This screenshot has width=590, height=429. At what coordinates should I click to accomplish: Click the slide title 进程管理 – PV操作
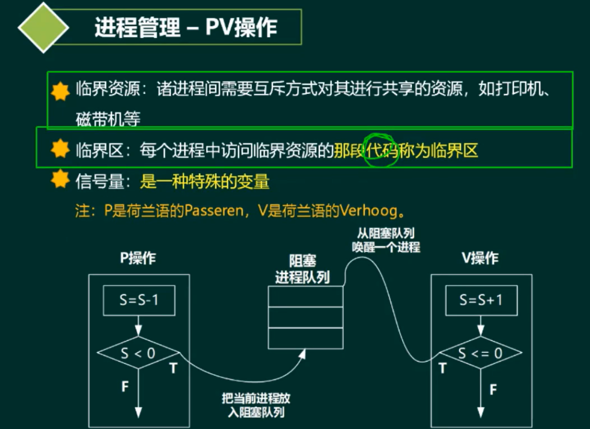point(186,28)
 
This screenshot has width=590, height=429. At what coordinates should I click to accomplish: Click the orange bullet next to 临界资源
point(60,91)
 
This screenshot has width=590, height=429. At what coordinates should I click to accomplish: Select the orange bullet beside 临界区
point(60,150)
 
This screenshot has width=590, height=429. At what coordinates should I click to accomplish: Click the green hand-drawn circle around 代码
point(381,152)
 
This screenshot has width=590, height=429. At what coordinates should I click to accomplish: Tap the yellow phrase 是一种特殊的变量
point(205,182)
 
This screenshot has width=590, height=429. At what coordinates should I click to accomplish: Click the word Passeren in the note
point(214,210)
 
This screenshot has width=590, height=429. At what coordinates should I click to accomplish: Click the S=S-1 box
point(139,300)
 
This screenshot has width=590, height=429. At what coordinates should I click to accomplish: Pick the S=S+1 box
point(481,300)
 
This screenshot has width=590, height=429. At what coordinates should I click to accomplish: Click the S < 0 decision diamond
point(139,354)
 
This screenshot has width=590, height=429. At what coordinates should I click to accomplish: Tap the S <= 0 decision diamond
point(481,354)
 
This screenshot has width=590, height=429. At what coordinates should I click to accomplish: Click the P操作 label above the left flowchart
point(138,259)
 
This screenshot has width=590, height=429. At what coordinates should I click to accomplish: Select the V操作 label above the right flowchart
point(480,259)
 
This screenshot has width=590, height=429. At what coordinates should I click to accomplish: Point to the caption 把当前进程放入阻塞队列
point(256,406)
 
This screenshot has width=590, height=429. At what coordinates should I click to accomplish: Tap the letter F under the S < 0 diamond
point(125,386)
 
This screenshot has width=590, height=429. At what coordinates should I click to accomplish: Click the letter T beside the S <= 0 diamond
point(442,368)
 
